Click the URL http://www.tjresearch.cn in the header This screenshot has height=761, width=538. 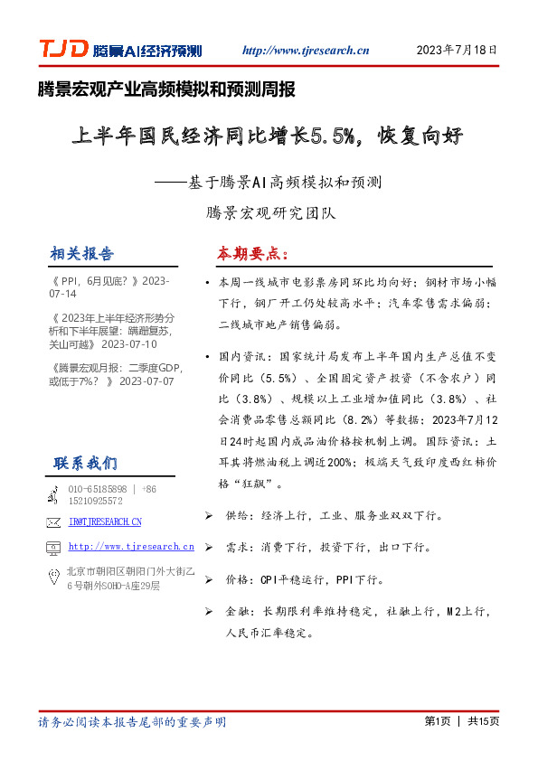pos(306,51)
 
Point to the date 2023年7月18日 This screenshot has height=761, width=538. pos(456,51)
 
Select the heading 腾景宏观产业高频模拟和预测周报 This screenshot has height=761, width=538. pos(166,89)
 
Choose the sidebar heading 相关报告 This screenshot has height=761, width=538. pos(82,252)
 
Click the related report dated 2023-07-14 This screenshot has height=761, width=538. pos(109,287)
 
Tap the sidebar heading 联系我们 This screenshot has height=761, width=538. pos(85,463)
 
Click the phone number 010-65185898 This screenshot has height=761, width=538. pos(97,489)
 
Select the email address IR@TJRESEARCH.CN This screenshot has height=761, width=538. pos(105,521)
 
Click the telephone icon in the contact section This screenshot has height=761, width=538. pos(52,493)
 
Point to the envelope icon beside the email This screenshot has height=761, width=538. pos(52,522)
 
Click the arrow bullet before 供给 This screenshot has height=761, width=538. pos(209,515)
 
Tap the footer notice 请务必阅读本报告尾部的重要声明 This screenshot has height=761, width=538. pos(132,722)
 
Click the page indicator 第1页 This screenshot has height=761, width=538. pos(437,721)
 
